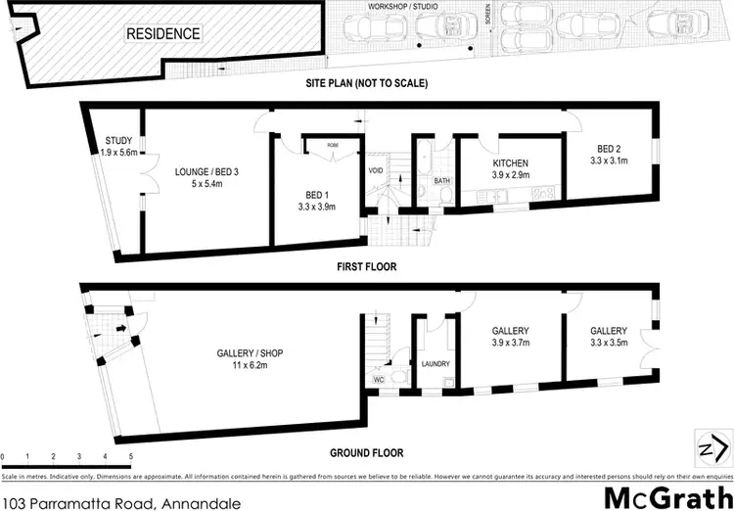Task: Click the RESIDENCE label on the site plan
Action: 162,34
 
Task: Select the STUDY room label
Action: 117,141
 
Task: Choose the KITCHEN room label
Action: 510,163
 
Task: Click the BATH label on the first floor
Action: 441,181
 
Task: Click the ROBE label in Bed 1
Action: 320,142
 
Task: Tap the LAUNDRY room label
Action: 435,364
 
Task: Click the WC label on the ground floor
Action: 378,378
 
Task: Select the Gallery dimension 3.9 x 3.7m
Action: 509,344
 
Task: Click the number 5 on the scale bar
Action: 130,457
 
